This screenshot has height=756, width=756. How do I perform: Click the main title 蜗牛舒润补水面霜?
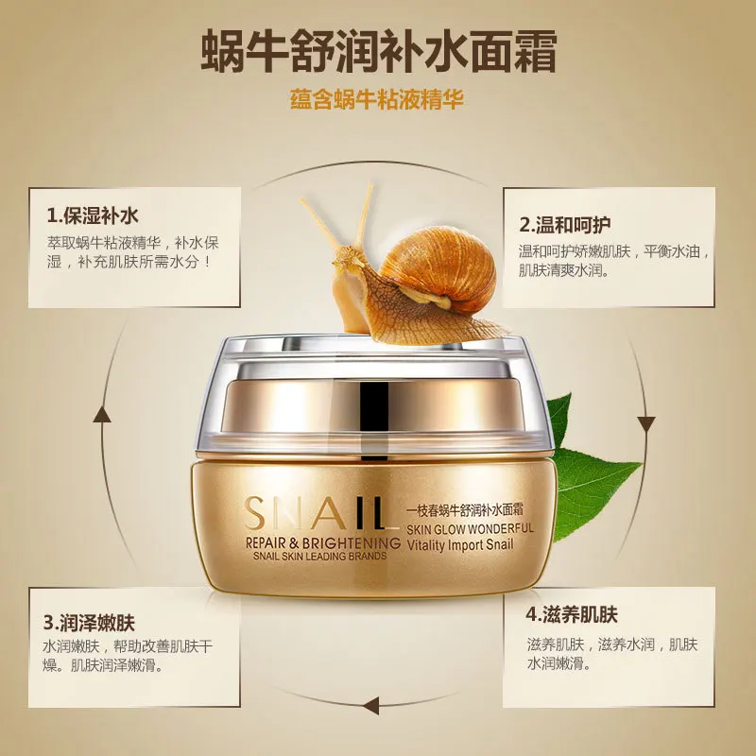378,53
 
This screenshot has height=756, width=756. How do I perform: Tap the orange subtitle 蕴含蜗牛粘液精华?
377,99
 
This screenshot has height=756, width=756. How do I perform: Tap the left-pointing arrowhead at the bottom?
370,704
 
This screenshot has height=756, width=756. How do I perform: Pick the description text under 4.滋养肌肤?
611,655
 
